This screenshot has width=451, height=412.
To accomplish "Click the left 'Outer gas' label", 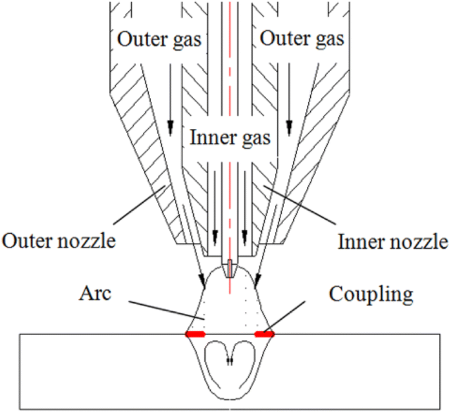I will (159, 39).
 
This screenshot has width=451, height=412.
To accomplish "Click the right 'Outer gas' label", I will (302, 39).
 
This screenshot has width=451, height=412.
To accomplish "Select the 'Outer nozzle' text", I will (59, 241).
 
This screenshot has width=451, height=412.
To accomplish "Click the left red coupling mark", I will (195, 334).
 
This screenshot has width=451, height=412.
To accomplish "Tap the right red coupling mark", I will (264, 334).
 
